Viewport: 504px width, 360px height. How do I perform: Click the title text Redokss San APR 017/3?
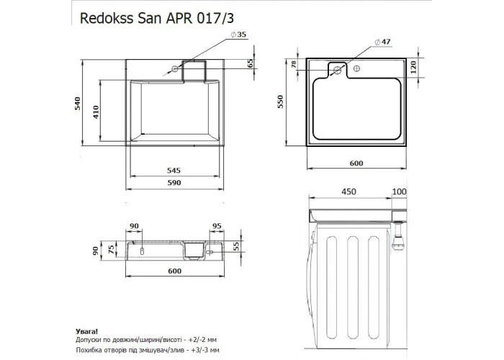click(x=157, y=18)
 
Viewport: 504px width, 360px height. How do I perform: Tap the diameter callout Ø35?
click(x=238, y=35)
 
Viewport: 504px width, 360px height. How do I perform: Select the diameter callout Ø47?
click(x=382, y=42)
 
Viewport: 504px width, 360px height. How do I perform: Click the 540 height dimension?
click(x=78, y=104)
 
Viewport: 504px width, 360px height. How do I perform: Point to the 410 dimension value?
click(x=96, y=112)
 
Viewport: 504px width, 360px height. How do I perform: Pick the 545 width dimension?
click(x=174, y=171)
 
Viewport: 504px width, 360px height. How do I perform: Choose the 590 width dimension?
click(x=174, y=183)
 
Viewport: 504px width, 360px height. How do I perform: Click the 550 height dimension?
click(x=281, y=102)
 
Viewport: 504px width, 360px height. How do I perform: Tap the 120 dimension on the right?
click(x=414, y=67)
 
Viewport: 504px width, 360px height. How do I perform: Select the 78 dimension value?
click(x=294, y=64)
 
